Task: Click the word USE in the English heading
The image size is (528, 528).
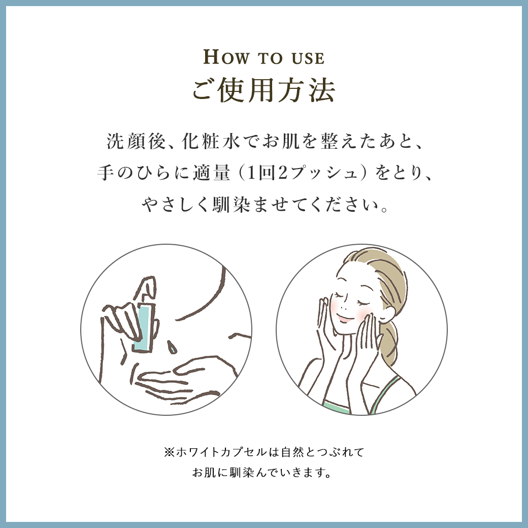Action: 308,58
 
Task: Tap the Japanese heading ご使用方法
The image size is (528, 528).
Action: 264,90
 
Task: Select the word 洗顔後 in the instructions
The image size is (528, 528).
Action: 136,141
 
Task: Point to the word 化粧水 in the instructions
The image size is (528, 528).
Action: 211,141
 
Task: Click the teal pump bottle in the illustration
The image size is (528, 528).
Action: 144,327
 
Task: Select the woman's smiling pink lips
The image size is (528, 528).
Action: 345,317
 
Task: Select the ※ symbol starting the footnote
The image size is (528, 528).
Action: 169,452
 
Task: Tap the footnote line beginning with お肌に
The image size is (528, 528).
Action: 262,473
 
